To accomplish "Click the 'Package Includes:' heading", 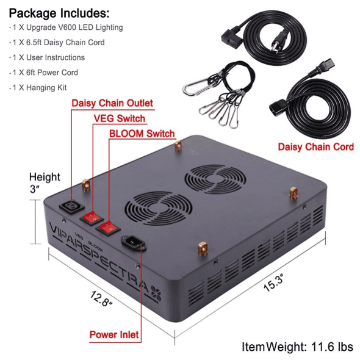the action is (x=59, y=13).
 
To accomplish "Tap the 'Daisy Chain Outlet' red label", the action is (x=112, y=103).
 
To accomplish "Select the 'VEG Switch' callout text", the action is (x=120, y=118).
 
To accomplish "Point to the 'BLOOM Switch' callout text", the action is (x=142, y=134).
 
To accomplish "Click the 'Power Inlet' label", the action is (x=114, y=334).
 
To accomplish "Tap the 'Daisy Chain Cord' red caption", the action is (x=316, y=147).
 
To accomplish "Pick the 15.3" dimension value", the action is (x=274, y=283).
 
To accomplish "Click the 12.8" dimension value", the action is (x=101, y=299).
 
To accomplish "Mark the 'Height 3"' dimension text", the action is (x=45, y=183).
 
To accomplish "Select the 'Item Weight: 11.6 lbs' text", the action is (x=298, y=347).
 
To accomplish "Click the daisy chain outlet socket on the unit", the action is (x=72, y=206).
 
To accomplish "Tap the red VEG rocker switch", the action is (x=92, y=217).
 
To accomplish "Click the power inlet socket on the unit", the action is (x=134, y=242).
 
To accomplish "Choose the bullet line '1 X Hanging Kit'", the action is (x=38, y=87).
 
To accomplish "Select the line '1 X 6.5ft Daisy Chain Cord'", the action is (x=57, y=42).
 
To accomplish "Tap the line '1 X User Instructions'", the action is (x=47, y=57).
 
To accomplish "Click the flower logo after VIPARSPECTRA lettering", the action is (x=156, y=293).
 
